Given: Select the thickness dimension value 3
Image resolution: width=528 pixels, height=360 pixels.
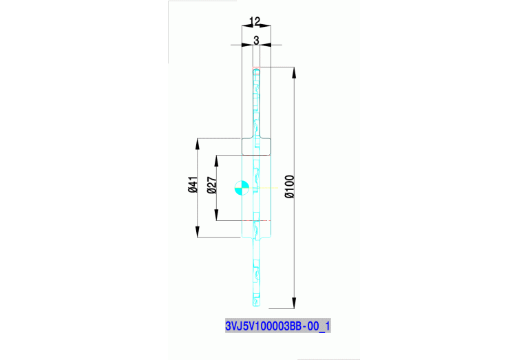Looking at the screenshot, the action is pos(256,40).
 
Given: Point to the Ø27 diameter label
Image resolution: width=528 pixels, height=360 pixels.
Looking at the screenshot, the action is pos(211,184).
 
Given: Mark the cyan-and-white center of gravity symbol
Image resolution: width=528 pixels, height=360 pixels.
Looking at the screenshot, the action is pos(241,187).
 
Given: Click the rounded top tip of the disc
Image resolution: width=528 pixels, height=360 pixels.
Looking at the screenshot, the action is pos(256,69).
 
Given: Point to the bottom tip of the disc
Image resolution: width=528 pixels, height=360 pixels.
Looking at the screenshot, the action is pos(256,306).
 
